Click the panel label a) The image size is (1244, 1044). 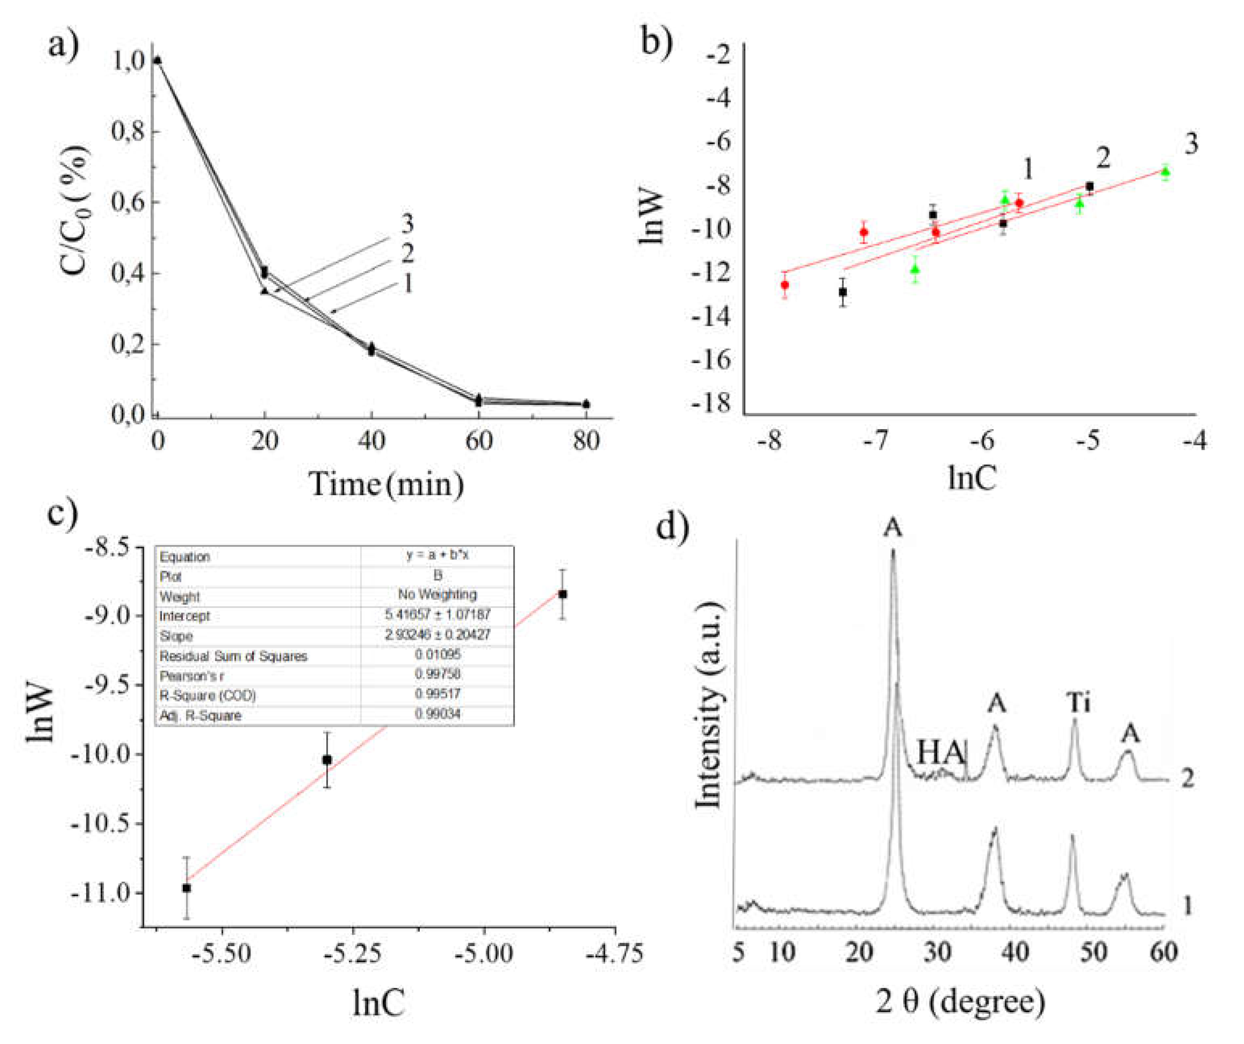63,44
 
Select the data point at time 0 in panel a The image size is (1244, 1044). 157,60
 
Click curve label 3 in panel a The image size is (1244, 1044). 407,224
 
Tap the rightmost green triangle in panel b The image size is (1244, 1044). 1165,172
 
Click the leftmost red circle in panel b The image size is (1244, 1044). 785,285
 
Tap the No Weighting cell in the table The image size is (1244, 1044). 437,594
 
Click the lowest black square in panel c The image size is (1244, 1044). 187,888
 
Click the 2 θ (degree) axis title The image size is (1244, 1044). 960,1001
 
